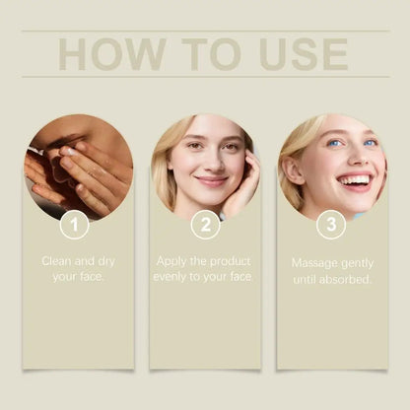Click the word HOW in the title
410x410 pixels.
tap(106, 54)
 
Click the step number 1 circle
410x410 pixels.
tap(74, 226)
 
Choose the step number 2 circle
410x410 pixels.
tap(205, 226)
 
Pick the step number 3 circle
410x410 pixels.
tap(331, 226)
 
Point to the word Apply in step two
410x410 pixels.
tap(173, 261)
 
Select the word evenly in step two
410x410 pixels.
tap(172, 277)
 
